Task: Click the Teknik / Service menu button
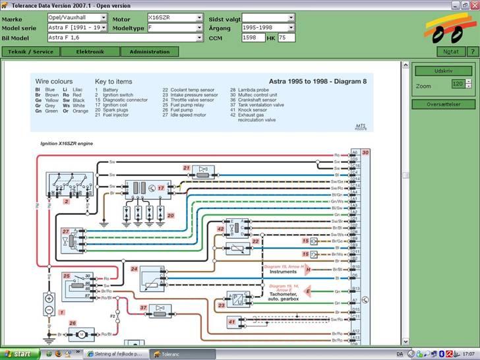(x=30, y=51)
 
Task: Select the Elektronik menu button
(x=90, y=51)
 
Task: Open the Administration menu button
(x=150, y=51)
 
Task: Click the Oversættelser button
(x=443, y=104)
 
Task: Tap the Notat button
(x=451, y=51)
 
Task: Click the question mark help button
(x=472, y=51)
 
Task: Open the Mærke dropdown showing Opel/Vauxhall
(x=76, y=18)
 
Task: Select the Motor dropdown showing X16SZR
(x=175, y=18)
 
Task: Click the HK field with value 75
(x=286, y=38)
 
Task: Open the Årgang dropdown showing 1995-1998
(x=268, y=28)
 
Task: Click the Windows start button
(x=18, y=354)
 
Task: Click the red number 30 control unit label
(x=365, y=152)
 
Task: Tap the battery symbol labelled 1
(x=49, y=303)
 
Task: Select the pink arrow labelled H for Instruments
(x=307, y=270)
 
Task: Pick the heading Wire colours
(x=53, y=81)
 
